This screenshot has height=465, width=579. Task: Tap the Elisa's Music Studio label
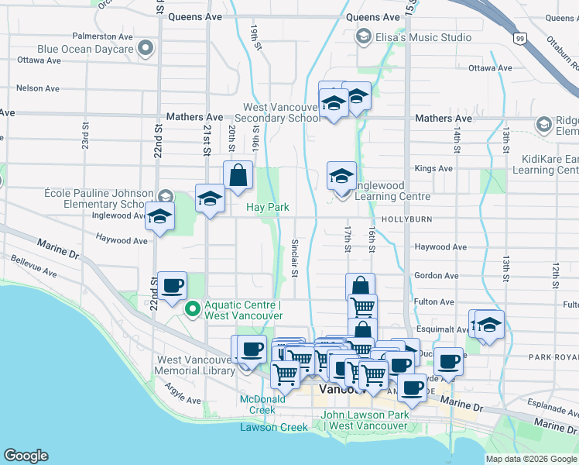[x=423, y=37]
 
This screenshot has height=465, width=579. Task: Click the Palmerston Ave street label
[x=102, y=36]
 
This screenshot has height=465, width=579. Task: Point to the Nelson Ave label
[x=38, y=88]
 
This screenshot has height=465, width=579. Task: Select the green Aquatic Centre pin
[x=193, y=309]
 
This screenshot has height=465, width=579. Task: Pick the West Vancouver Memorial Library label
[x=195, y=365]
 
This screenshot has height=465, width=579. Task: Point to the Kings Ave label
[x=433, y=168]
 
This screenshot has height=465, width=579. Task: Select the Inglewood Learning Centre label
[x=392, y=191]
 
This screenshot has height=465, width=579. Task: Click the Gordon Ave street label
[x=436, y=275]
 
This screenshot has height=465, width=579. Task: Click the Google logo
[x=26, y=456]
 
